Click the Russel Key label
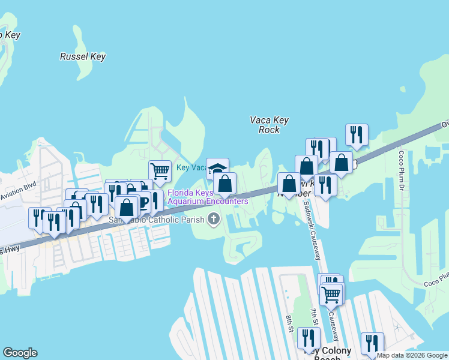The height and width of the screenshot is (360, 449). pos(83,57)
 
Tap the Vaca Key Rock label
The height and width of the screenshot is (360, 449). pos(269,125)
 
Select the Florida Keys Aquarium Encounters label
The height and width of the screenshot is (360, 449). pos(208,197)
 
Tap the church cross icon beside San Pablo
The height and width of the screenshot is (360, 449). pos(213,219)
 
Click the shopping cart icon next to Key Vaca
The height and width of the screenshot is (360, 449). pos(160,171)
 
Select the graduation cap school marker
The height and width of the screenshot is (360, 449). pos(217,168)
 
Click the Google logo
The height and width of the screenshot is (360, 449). pos(20,353)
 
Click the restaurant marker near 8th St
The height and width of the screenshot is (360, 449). pos(309,338)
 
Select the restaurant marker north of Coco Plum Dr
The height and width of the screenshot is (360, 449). pos(357,134)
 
